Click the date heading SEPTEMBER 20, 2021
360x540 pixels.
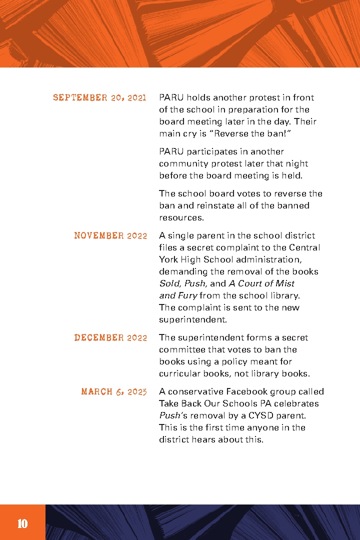(x=99, y=97)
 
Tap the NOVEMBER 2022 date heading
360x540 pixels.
(x=110, y=235)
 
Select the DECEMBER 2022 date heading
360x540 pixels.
(x=110, y=337)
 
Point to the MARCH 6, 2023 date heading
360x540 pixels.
(x=114, y=391)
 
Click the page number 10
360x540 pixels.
(x=22, y=523)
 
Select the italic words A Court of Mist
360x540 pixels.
(x=261, y=283)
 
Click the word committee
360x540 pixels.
(x=182, y=349)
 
